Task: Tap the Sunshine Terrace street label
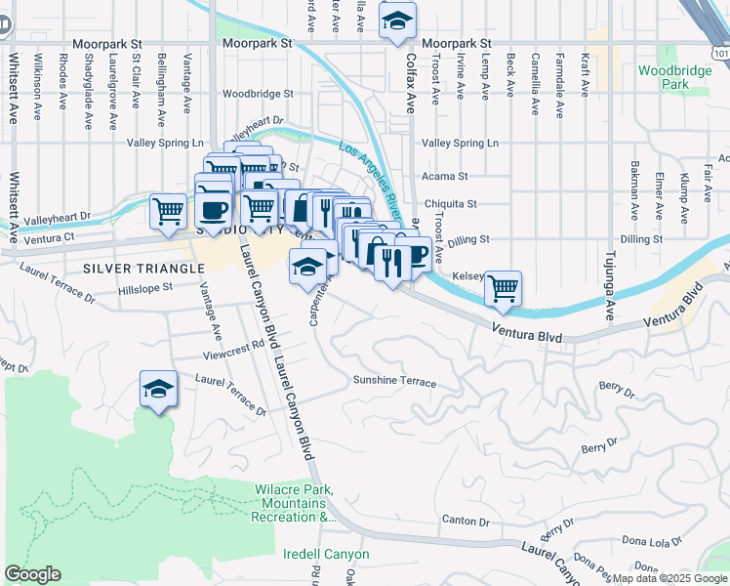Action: pyautogui.click(x=394, y=381)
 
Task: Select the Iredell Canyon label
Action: pyautogui.click(x=326, y=554)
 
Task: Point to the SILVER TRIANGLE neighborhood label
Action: pyautogui.click(x=135, y=267)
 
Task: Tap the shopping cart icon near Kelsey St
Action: pyautogui.click(x=503, y=287)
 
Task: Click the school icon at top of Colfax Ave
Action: pyautogui.click(x=397, y=21)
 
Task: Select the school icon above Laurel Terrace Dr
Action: pyautogui.click(x=158, y=390)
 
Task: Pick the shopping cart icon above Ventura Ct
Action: pyautogui.click(x=169, y=210)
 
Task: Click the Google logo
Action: pyautogui.click(x=32, y=574)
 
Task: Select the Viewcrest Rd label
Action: pyautogui.click(x=233, y=344)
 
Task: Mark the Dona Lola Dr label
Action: pyautogui.click(x=651, y=540)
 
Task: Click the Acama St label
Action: pyautogui.click(x=445, y=177)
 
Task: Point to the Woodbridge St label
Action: pyautogui.click(x=258, y=94)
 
